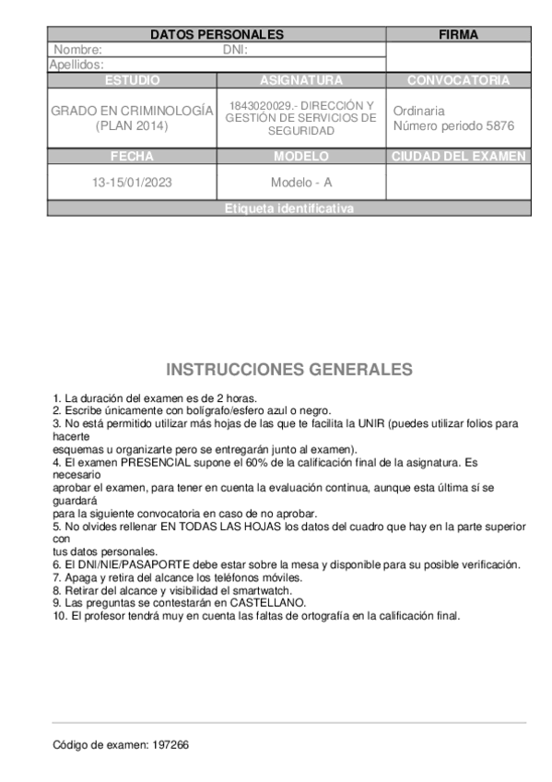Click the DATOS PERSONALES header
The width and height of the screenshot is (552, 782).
217,35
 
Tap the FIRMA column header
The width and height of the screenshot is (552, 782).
458,35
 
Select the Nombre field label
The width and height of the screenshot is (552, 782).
78,51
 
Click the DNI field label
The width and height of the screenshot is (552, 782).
236,51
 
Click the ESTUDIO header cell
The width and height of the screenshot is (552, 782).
132,80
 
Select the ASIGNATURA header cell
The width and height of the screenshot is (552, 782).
301,80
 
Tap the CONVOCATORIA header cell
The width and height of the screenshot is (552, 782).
458,80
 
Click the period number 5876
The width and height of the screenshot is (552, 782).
499,125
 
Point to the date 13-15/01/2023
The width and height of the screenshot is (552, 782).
132,182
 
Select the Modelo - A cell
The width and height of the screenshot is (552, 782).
301,182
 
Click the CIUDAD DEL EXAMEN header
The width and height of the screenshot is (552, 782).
458,157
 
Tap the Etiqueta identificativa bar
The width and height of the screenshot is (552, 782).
288,209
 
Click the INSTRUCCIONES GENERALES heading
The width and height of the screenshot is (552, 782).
288,370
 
